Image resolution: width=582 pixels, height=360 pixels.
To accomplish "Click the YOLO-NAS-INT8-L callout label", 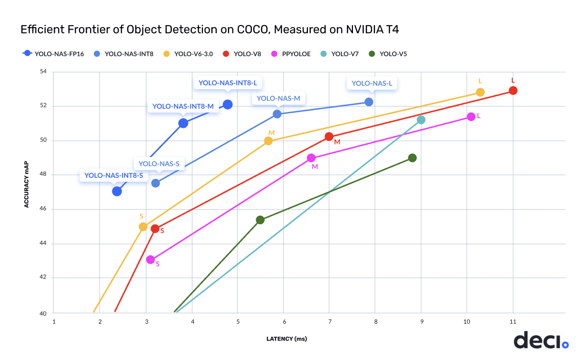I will click(x=228, y=83).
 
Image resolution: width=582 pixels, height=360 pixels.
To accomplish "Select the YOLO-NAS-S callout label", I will click(x=159, y=164).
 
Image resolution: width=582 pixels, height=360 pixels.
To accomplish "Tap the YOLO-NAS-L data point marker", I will click(x=369, y=102).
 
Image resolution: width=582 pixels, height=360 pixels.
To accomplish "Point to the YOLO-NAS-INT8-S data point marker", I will click(x=117, y=191).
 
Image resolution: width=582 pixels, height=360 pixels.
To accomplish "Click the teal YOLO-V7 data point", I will click(x=421, y=120).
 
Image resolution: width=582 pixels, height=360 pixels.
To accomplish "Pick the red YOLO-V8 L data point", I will click(x=513, y=91).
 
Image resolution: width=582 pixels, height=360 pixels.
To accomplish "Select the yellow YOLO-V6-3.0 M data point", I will click(x=268, y=141).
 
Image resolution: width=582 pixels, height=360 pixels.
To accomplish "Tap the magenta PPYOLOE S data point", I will click(x=151, y=260).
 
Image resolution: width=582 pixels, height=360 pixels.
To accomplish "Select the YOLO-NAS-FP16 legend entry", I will click(x=53, y=54).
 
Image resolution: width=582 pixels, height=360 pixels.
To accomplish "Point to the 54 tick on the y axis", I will click(x=43, y=72).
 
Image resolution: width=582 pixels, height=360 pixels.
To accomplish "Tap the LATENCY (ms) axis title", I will click(x=287, y=339).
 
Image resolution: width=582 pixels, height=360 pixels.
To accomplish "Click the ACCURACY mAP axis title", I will click(x=27, y=184).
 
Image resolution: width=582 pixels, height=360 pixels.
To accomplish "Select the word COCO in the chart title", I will click(x=254, y=30).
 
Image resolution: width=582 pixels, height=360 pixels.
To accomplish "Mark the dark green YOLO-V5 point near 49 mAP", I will click(x=412, y=158).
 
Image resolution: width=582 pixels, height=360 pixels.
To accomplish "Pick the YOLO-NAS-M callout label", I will click(x=278, y=98).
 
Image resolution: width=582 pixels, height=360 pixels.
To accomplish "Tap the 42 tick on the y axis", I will click(x=43, y=278).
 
